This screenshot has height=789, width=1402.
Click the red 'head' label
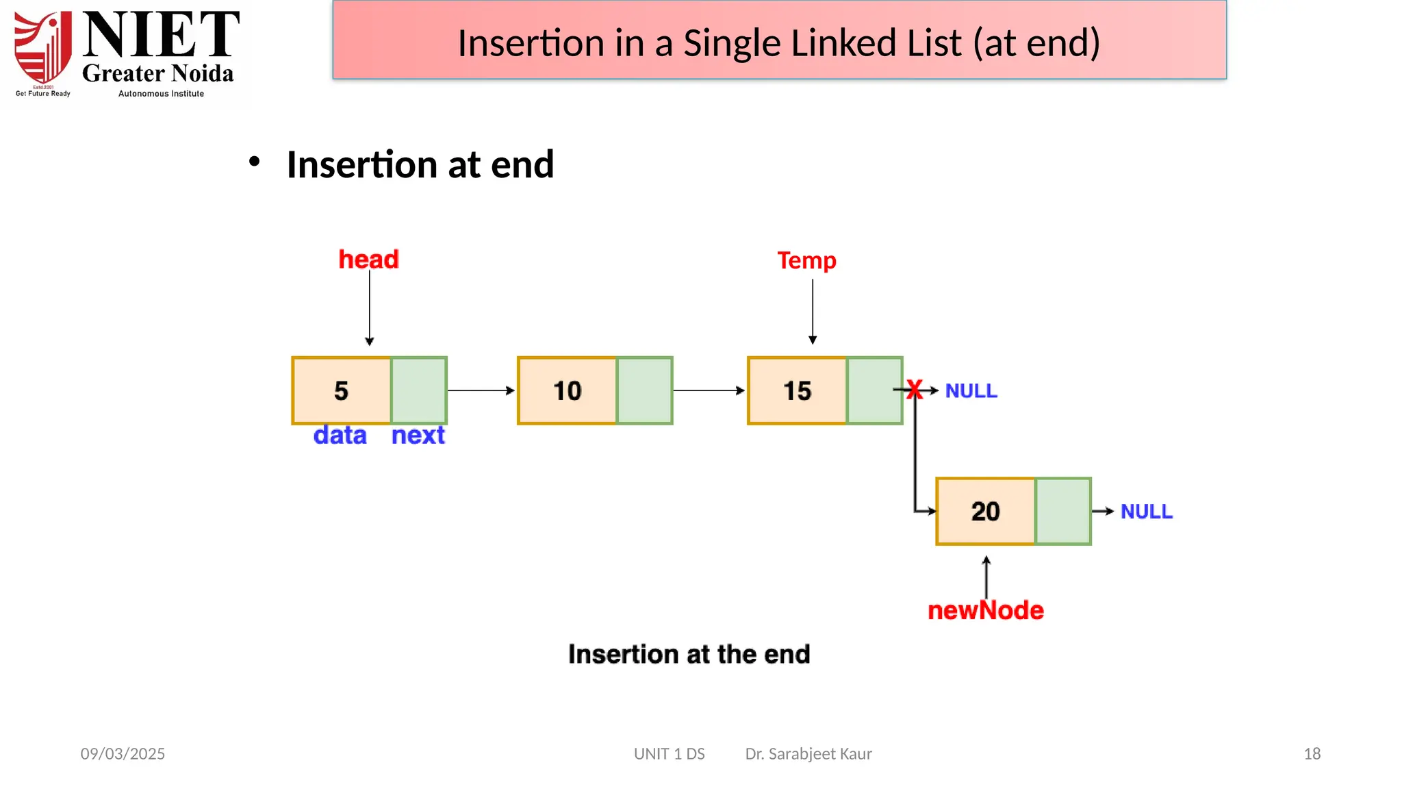(x=368, y=260)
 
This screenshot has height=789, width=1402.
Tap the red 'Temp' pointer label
(x=806, y=260)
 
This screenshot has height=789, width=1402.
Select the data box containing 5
(x=342, y=390)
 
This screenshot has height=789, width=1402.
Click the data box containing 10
(x=567, y=390)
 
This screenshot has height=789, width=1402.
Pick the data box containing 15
(x=797, y=390)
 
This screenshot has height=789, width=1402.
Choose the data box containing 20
(x=986, y=511)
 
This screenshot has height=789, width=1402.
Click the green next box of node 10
(x=644, y=390)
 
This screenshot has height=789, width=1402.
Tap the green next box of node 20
(x=1063, y=511)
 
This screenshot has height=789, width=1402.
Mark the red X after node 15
(x=915, y=390)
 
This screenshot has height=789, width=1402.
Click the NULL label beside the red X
(x=971, y=390)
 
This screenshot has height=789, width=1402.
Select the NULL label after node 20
(x=1146, y=511)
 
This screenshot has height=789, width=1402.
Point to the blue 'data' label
(x=340, y=435)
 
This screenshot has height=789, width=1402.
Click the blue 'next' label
(x=418, y=435)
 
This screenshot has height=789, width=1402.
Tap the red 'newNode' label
(x=985, y=610)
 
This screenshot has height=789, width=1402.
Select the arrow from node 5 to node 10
(x=481, y=390)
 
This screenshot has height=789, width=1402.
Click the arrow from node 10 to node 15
(x=709, y=390)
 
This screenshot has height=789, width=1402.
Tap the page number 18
(x=1312, y=753)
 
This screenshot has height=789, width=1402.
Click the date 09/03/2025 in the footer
(x=123, y=753)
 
